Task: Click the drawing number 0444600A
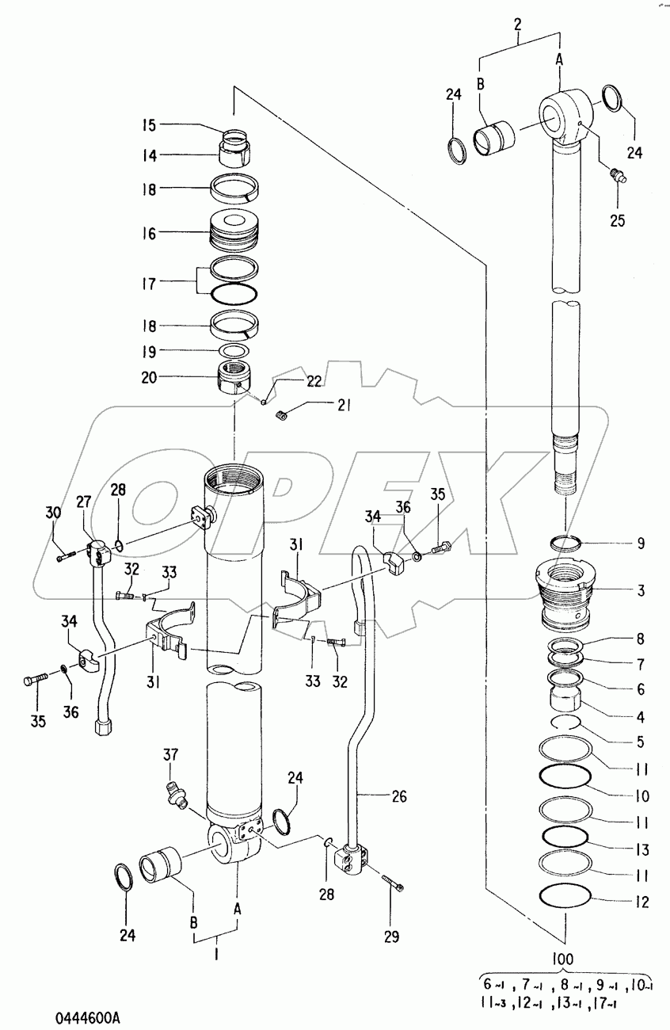coord(88,1017)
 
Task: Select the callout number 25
coord(617,220)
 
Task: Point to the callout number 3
coord(641,590)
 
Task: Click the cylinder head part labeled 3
coord(565,593)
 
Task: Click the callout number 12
coord(641,902)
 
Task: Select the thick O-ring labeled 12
coord(566,897)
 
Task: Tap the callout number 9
coord(641,544)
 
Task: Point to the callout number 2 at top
coord(518,24)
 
